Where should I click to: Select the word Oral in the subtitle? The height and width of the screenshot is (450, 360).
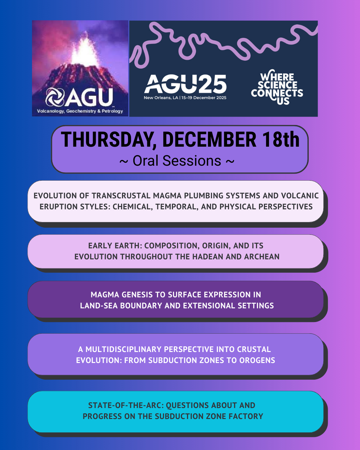pos(145,161)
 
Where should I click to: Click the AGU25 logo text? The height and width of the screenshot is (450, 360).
pos(185,84)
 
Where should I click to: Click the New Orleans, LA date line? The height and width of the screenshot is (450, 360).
pos(185,98)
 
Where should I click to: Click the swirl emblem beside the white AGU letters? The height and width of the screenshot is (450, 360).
pos(55,97)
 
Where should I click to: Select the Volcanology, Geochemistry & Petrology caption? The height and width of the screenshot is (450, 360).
pos(80,111)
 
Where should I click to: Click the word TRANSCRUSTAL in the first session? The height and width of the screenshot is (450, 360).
pos(121,196)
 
